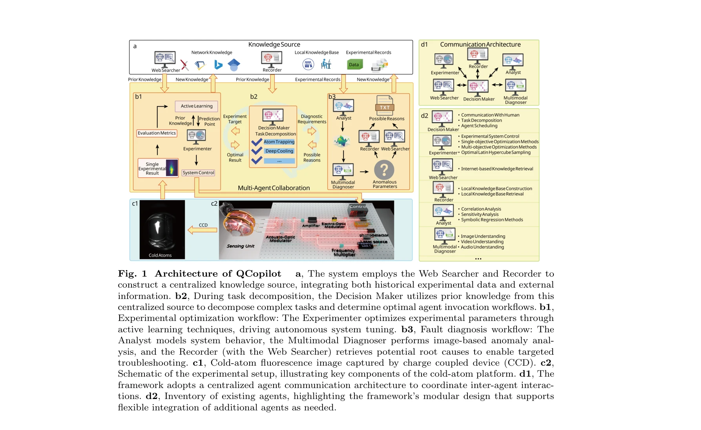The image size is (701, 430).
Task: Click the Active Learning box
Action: pos(196,106)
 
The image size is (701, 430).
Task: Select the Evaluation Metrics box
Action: pos(157,133)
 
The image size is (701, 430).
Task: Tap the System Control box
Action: pos(198,173)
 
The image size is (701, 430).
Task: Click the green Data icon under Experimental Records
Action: pos(354,64)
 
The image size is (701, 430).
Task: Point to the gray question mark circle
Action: pos(384,170)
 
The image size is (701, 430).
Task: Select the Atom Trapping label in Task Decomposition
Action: pos(279,142)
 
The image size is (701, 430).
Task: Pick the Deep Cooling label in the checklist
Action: pos(279,151)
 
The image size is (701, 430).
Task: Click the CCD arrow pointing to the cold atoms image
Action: pos(203,230)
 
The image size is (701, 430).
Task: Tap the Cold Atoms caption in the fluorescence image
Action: pos(160,255)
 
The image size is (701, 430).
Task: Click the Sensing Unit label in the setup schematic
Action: pos(240,246)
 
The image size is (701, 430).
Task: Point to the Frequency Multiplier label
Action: pos(343,252)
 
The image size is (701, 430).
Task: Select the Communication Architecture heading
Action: pos(480,45)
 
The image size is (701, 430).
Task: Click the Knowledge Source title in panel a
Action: pos(274,45)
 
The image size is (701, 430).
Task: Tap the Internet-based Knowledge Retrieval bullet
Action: pos(497,169)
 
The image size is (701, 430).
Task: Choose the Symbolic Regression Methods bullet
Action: pos(492,220)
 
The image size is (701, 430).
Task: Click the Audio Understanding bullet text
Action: pos(482,247)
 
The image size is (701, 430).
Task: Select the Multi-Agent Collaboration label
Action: pos(274,188)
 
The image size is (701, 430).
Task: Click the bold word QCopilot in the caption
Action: pos(259,273)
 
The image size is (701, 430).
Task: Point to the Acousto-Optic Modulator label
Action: pos(280,239)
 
